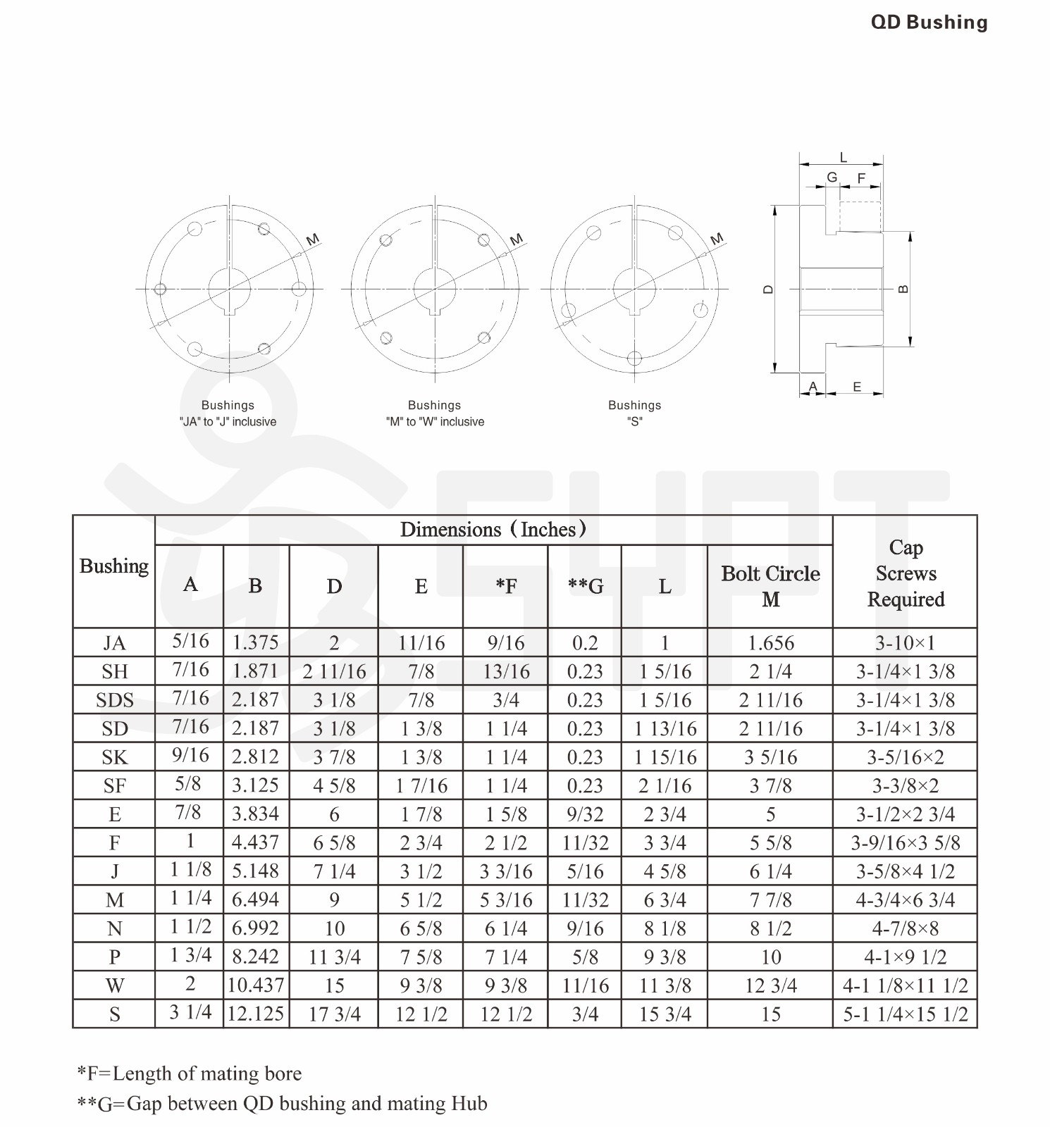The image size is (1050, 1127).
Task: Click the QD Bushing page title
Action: pyautogui.click(x=929, y=23)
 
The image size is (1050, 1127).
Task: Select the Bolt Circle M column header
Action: pyautogui.click(x=770, y=586)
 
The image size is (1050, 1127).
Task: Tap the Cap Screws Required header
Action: pyautogui.click(x=906, y=573)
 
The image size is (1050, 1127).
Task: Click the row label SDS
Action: pyautogui.click(x=115, y=700)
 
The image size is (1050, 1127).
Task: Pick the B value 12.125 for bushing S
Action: pyautogui.click(x=256, y=1014)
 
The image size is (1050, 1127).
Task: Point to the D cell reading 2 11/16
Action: pyautogui.click(x=334, y=671)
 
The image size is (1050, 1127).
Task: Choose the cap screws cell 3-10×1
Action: pyautogui.click(x=905, y=642)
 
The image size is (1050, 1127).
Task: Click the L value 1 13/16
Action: pyautogui.click(x=665, y=728)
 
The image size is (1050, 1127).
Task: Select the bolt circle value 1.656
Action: pyautogui.click(x=770, y=642)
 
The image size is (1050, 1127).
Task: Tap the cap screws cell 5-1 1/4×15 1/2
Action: pyautogui.click(x=905, y=1014)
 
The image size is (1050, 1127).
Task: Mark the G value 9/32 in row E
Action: pyautogui.click(x=585, y=814)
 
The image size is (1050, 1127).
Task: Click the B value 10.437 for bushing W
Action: pyautogui.click(x=256, y=985)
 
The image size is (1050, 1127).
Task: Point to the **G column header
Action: pyautogui.click(x=585, y=586)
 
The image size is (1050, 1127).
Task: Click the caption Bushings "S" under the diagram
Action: pyautogui.click(x=634, y=413)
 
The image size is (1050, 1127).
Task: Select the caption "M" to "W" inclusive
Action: pyautogui.click(x=435, y=422)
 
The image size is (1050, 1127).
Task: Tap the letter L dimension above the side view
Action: pyautogui.click(x=843, y=158)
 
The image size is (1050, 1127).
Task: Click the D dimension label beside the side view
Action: pyautogui.click(x=768, y=289)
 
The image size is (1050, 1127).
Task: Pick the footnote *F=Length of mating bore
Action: pyautogui.click(x=189, y=1073)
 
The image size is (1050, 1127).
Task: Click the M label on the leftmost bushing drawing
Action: pyautogui.click(x=313, y=239)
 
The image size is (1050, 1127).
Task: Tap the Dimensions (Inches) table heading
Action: pyautogui.click(x=493, y=530)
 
